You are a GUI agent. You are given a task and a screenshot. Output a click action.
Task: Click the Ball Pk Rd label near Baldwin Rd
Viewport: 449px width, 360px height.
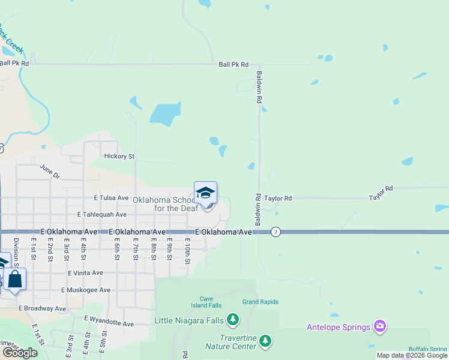pyautogui.click(x=234, y=64)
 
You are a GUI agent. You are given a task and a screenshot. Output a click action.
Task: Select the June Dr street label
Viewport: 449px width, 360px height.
pyautogui.click(x=50, y=172)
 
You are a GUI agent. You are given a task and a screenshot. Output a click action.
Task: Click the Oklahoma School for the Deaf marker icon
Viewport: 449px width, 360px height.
pyautogui.click(x=205, y=194)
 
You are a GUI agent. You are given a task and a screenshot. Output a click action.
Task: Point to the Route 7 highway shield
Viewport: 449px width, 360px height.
pyautogui.click(x=276, y=232)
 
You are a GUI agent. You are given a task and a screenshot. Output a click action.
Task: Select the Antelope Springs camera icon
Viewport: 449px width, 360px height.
pyautogui.click(x=379, y=327)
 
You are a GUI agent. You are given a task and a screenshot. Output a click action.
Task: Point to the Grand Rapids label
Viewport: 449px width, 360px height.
pyautogui.click(x=260, y=302)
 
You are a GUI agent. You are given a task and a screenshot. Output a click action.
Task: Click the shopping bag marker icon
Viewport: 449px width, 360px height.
pyautogui.click(x=15, y=279)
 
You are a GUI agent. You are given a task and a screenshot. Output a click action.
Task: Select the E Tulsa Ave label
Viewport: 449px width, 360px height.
pyautogui.click(x=111, y=197)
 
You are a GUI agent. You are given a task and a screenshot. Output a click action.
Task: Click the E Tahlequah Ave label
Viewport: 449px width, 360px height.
pyautogui.click(x=101, y=214)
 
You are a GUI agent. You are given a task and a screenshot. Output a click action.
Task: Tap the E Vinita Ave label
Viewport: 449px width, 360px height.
pyautogui.click(x=85, y=272)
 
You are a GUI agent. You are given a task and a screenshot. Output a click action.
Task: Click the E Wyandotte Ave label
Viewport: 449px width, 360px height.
pyautogui.click(x=109, y=322)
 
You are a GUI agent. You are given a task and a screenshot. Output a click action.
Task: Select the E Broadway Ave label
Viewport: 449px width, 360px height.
pyautogui.click(x=41, y=308)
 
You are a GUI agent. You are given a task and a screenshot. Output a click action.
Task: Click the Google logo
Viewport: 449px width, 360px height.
pyautogui.click(x=20, y=353)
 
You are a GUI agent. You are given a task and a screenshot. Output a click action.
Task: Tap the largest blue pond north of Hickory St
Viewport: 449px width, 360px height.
pyautogui.click(x=165, y=113)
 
